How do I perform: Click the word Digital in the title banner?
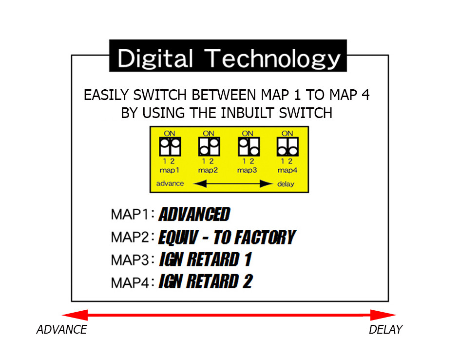coord(154,59)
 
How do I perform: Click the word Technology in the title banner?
coord(272,59)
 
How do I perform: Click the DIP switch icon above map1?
coord(170,146)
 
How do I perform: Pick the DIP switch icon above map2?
coord(209,146)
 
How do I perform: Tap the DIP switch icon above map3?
coord(249,146)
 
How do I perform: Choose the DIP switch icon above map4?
coord(287,146)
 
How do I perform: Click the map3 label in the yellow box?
coord(247,170)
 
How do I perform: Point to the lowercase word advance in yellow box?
coord(170,183)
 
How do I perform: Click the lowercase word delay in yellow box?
coord(286,184)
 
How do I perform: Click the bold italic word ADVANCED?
coord(194,214)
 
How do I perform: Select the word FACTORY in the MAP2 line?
coord(254,237)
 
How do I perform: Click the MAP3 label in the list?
coord(130,260)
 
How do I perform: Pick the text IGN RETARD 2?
coord(206,281)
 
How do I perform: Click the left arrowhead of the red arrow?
coord(75,315)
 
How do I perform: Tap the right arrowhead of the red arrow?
coord(383,315)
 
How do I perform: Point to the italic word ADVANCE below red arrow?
coord(61,330)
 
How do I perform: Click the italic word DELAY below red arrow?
coord(386,330)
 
